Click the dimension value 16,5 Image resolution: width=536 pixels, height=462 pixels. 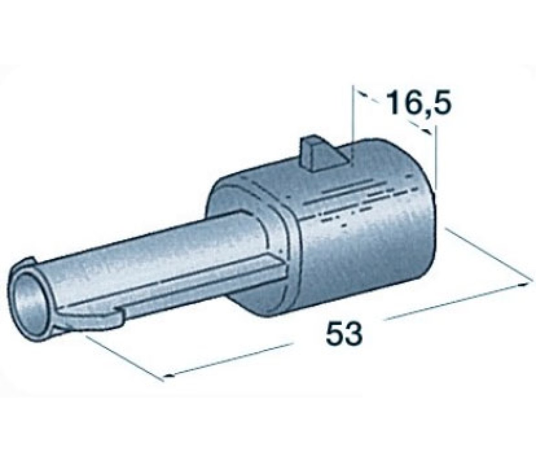pos(419,102)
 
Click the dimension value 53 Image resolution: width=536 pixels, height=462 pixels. pos(344,332)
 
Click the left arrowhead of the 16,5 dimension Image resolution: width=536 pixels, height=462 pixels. pos(362,94)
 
